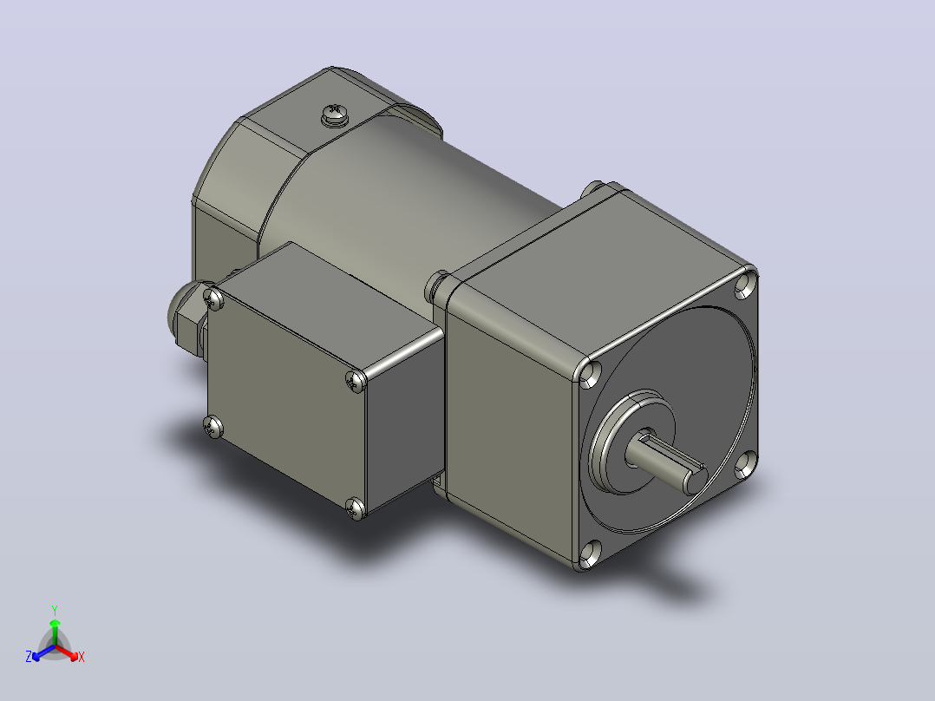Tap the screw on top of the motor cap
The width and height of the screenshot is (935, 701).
click(x=335, y=115)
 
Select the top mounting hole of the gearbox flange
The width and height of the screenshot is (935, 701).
click(x=745, y=285)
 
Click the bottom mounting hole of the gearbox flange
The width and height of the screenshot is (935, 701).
click(x=589, y=553)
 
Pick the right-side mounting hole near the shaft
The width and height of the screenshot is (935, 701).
click(x=745, y=464)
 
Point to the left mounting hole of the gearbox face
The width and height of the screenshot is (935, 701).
click(x=590, y=374)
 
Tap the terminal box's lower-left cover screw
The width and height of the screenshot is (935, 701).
click(x=212, y=426)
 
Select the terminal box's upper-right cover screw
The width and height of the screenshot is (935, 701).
click(x=356, y=380)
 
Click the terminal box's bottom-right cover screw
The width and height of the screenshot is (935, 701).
click(x=356, y=508)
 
